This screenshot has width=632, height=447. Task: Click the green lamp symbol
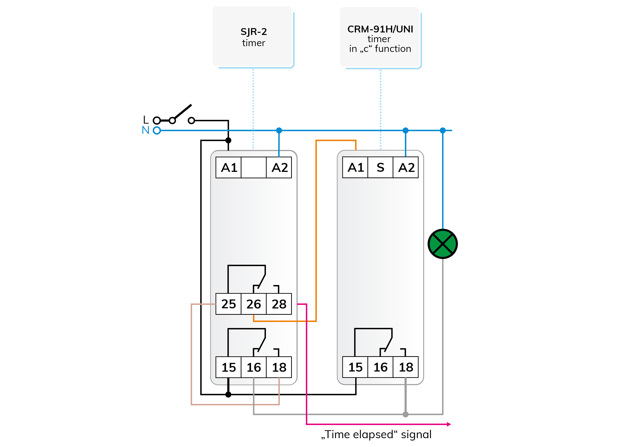[x=443, y=244]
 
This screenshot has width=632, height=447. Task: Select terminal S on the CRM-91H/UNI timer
[x=380, y=167]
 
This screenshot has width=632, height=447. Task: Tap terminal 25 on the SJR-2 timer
[x=228, y=304]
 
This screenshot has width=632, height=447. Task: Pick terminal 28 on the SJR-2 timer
[x=279, y=304]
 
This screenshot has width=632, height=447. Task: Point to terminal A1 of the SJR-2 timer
[x=228, y=167]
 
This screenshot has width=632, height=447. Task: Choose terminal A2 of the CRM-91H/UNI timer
[x=406, y=167]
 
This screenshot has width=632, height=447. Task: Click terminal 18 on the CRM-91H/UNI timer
[x=406, y=367]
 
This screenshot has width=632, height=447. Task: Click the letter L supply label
[x=146, y=120]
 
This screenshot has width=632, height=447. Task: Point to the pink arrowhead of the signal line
[x=449, y=424]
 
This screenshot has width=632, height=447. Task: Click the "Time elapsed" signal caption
[x=376, y=435]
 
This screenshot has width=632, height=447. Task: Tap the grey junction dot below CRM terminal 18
[x=406, y=414]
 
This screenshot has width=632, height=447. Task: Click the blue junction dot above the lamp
[x=443, y=130]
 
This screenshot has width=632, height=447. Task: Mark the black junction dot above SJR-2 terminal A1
[x=228, y=140]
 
